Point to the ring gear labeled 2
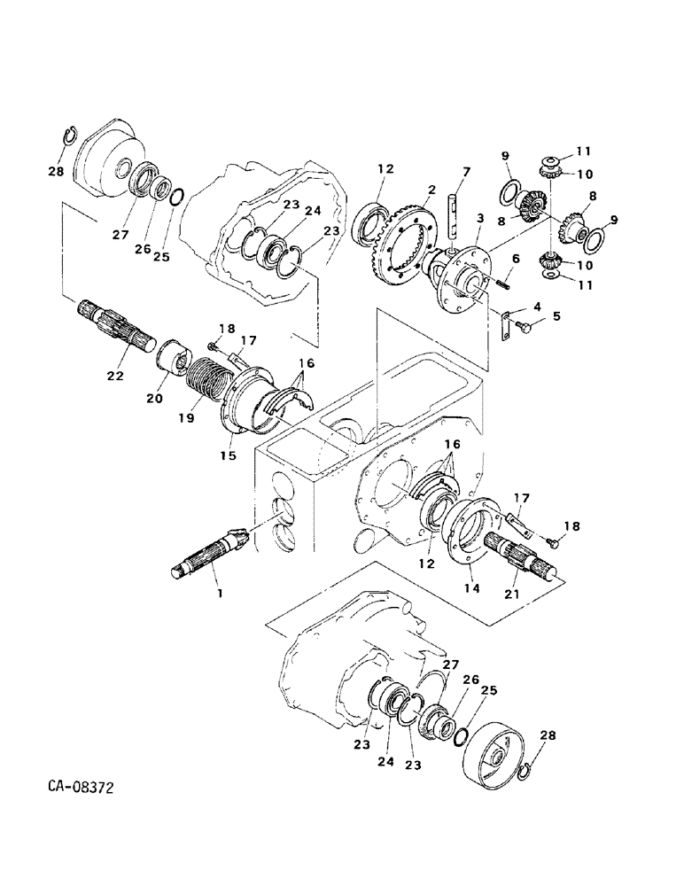click(x=408, y=240)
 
